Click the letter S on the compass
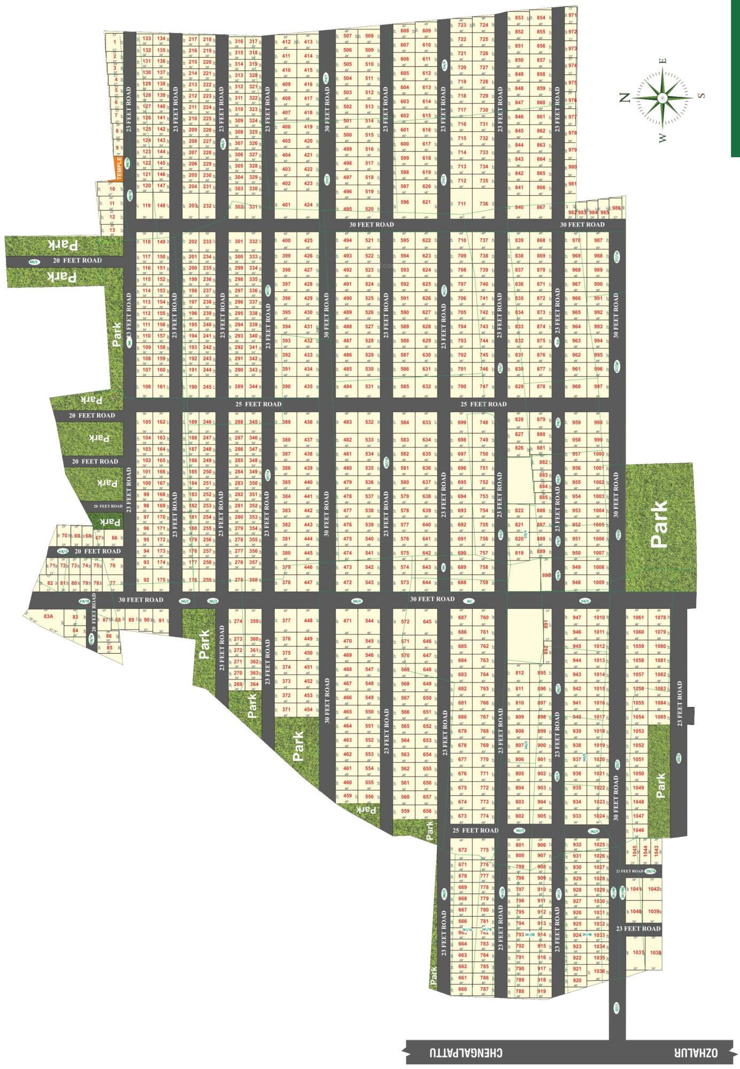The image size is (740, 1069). (702, 96)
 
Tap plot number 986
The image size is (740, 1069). (616, 208)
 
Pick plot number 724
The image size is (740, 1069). (483, 25)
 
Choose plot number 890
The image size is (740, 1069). (546, 575)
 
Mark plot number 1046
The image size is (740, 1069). (638, 830)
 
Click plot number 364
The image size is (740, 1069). (255, 684)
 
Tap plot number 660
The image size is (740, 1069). (462, 989)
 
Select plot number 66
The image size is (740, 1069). (114, 538)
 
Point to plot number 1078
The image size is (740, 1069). (660, 618)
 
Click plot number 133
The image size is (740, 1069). (147, 38)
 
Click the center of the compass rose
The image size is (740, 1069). (662, 98)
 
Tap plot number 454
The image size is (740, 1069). (309, 710)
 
